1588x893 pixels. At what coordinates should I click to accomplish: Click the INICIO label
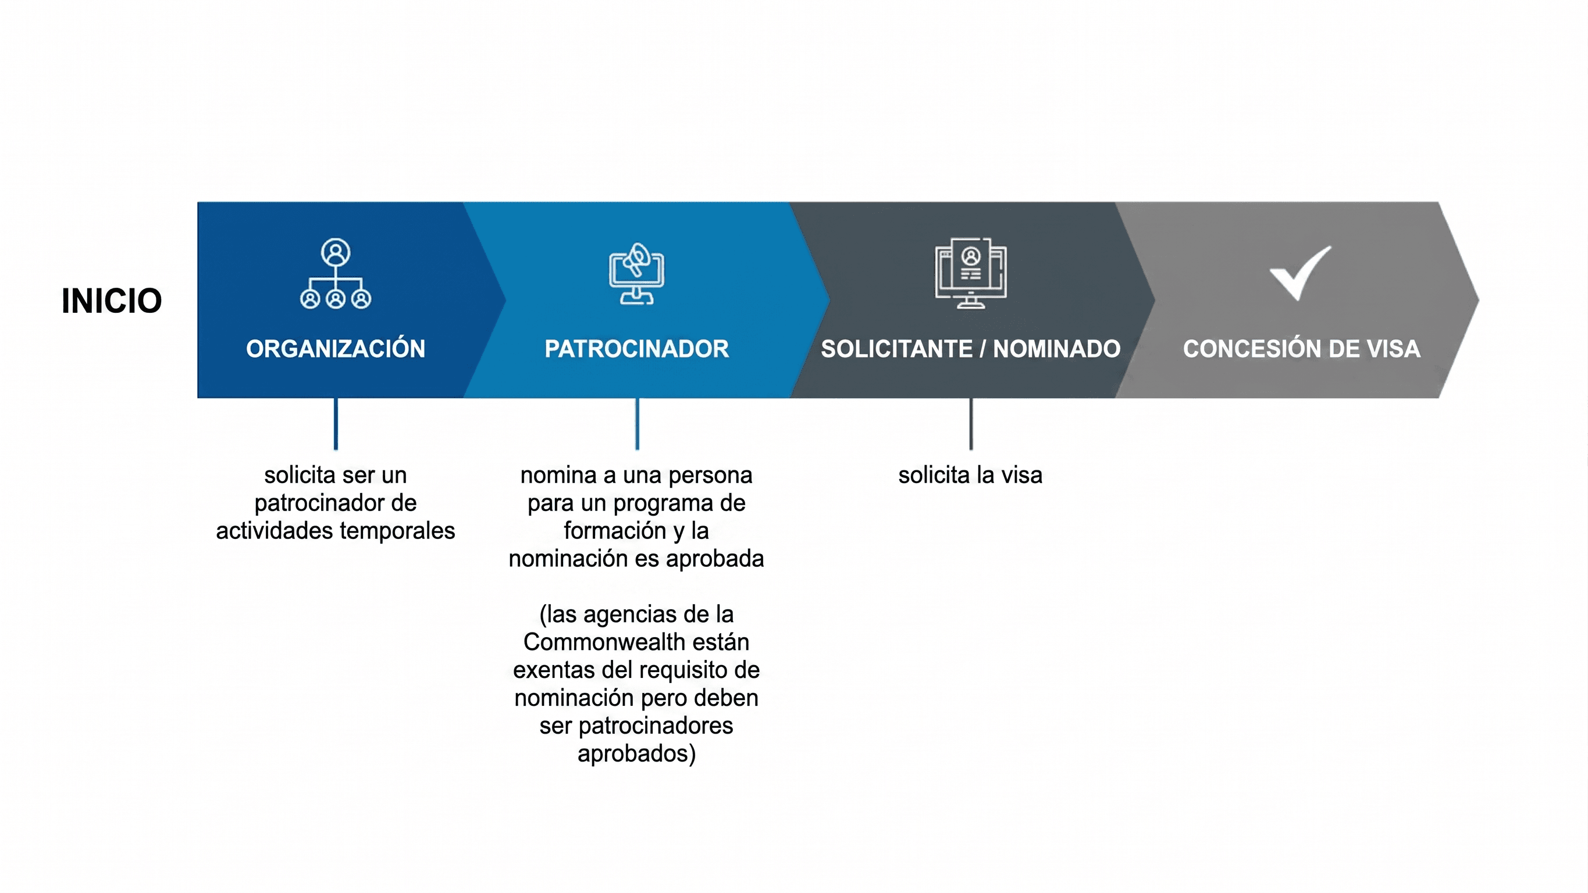coord(112,301)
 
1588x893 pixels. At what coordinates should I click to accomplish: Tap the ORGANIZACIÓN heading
coord(336,348)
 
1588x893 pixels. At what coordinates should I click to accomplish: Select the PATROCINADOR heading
coord(636,349)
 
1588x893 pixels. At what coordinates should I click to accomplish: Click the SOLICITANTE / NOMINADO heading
coord(970,349)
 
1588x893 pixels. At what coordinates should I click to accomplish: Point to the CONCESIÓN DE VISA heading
coord(1301,348)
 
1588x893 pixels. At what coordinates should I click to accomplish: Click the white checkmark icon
coord(1300,273)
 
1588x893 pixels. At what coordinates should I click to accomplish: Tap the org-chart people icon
coord(336,274)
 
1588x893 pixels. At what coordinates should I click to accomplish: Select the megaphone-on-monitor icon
coord(637,274)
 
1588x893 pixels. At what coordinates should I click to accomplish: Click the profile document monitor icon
coord(970,273)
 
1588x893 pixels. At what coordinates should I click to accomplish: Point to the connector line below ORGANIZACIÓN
coord(336,424)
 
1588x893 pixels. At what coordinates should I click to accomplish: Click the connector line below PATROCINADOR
coord(637,424)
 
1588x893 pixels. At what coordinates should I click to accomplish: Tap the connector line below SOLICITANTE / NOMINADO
coord(971,424)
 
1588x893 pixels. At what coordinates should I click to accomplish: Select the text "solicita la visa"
coord(970,475)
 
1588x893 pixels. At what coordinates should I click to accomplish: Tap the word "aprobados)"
coord(637,753)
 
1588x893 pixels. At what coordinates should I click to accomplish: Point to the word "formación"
coord(615,531)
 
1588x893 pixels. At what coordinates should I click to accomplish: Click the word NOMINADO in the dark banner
coord(1056,349)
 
